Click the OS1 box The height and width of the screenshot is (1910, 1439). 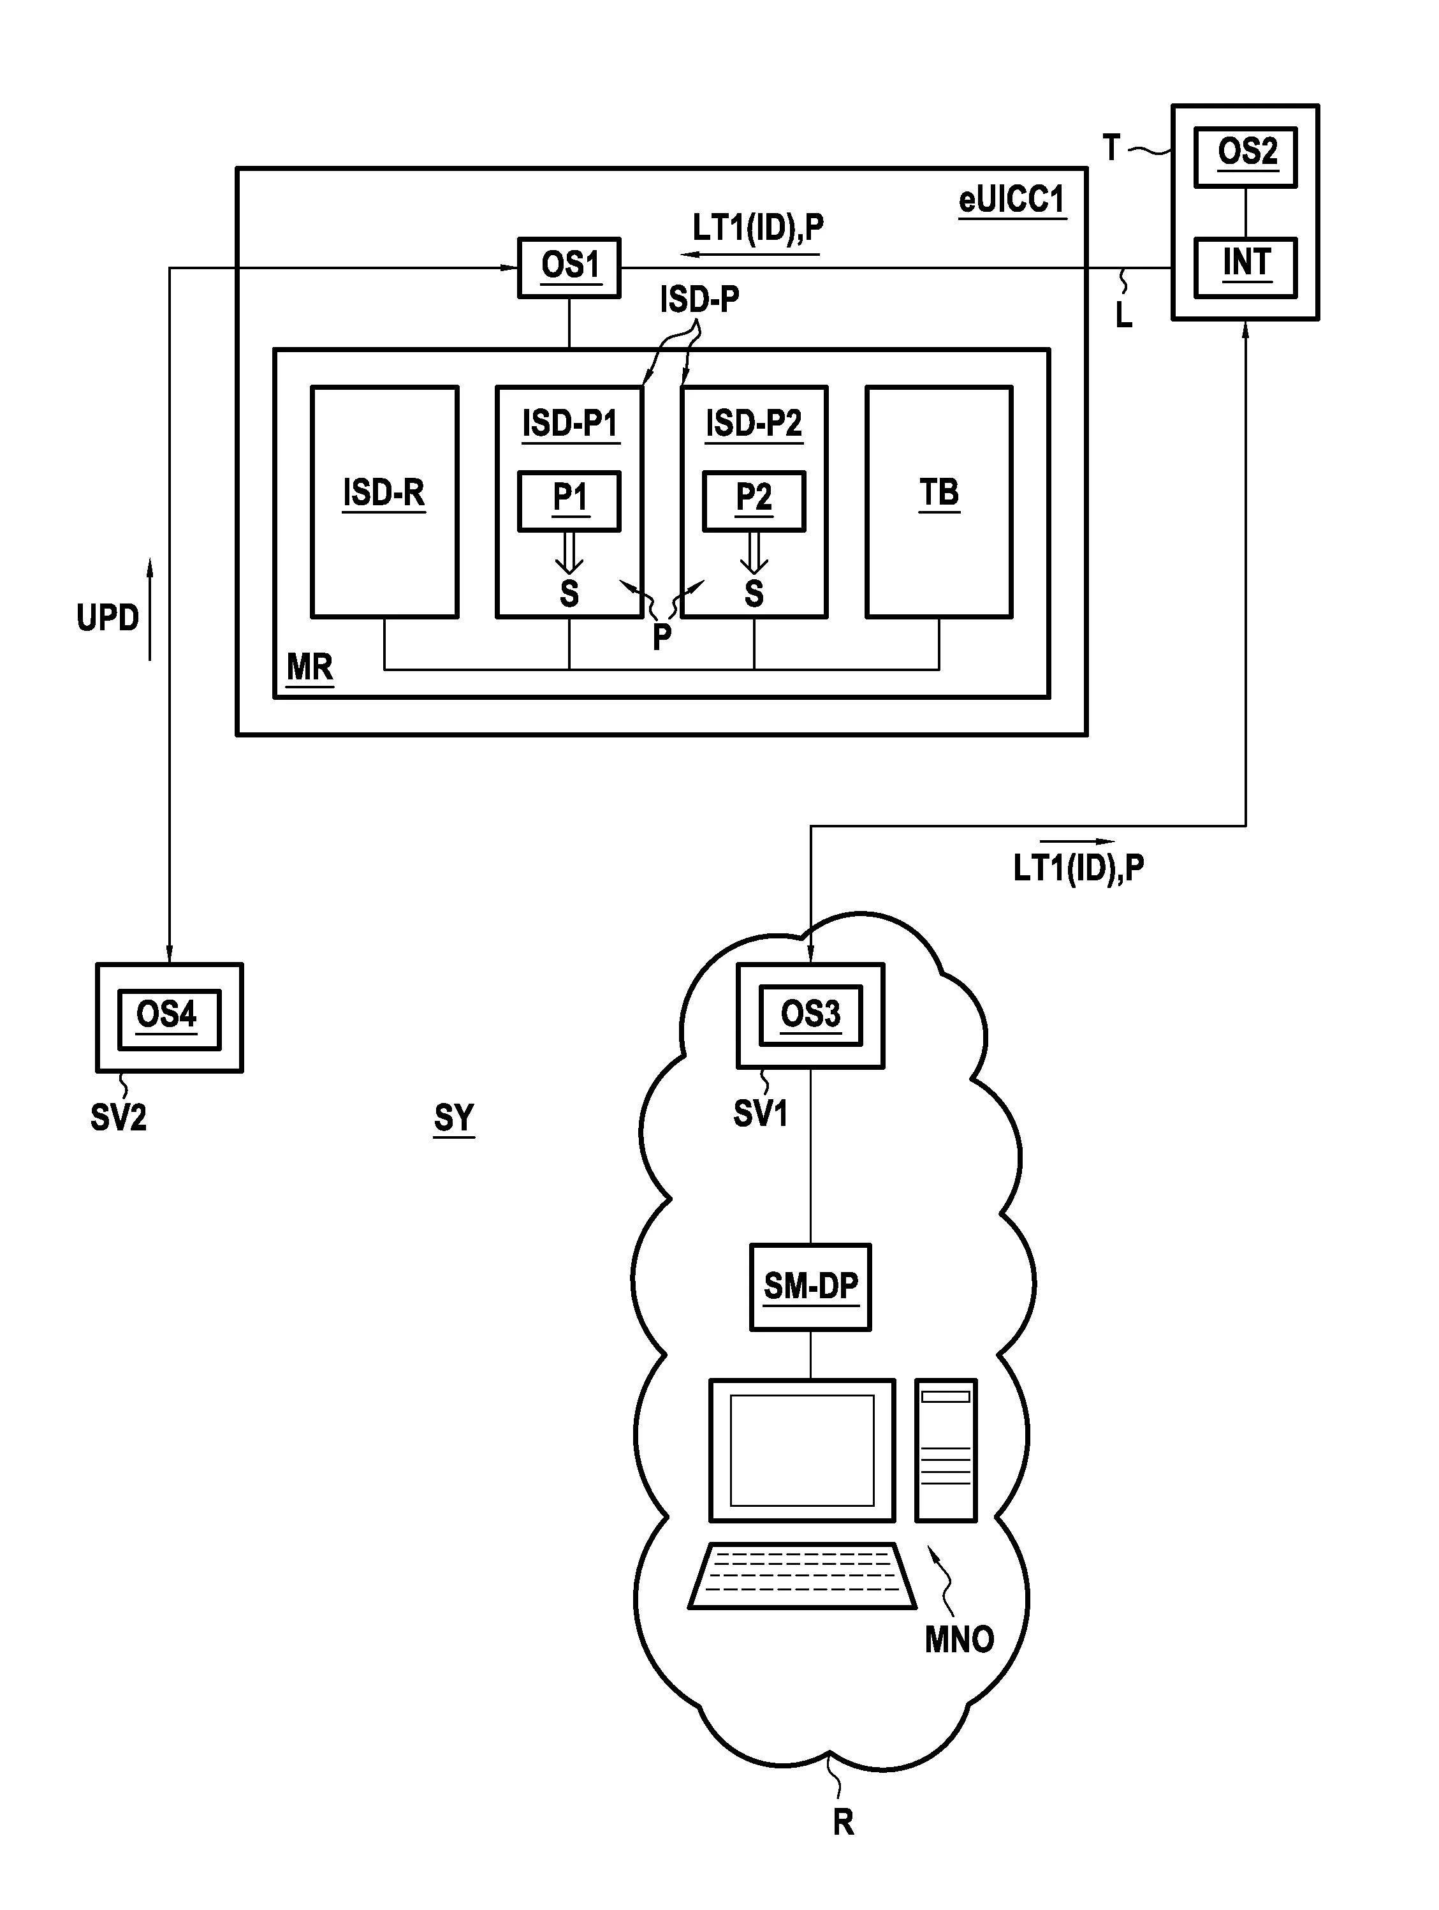(569, 268)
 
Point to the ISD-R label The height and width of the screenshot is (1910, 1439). (384, 493)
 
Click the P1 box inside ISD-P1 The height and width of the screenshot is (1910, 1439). (569, 500)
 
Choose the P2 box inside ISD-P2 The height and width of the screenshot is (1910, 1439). (754, 500)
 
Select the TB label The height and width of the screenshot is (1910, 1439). (939, 493)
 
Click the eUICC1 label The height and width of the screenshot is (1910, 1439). (1012, 200)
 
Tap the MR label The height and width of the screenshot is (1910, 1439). (310, 667)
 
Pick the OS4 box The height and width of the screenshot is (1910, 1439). (169, 1018)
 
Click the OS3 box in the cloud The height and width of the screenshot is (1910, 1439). (810, 1016)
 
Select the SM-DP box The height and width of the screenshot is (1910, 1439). (810, 1287)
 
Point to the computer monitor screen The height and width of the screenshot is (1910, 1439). (802, 1450)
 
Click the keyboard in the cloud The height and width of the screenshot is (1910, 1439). (802, 1576)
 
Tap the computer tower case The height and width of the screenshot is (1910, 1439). (946, 1450)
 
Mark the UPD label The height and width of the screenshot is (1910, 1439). (108, 618)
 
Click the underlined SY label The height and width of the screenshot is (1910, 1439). (454, 1118)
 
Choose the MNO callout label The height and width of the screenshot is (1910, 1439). (959, 1639)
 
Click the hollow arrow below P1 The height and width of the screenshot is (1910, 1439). (569, 552)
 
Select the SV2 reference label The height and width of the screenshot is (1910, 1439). (118, 1118)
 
